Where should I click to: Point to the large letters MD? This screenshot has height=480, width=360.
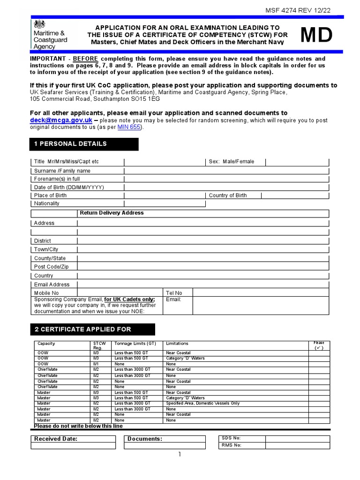[316, 36]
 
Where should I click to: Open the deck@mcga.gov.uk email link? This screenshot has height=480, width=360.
[61, 120]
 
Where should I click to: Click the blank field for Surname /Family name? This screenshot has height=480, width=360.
[226, 171]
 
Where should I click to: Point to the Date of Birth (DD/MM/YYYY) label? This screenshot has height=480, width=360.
[69, 187]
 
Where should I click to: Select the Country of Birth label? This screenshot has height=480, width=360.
[227, 195]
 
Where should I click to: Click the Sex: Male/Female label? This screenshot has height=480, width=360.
[231, 162]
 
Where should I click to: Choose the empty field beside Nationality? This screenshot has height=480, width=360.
[165, 203]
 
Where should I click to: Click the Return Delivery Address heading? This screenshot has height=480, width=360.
[112, 213]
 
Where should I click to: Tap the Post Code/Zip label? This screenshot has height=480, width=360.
[51, 267]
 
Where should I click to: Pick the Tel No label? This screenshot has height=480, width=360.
[174, 293]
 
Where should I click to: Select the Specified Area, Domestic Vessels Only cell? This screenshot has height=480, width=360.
[202, 403]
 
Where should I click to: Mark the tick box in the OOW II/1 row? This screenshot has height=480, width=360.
[319, 364]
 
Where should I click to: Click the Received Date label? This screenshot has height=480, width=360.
[56, 439]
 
